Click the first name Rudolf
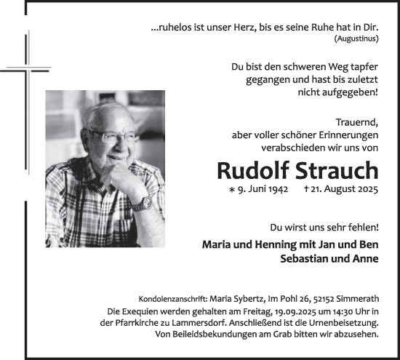point(252,171)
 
